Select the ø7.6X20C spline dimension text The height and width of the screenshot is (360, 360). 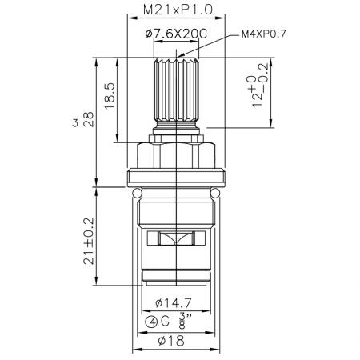coord(176,34)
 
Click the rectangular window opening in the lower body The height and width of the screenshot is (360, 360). coord(175,238)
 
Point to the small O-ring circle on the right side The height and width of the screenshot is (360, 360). coord(214,192)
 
